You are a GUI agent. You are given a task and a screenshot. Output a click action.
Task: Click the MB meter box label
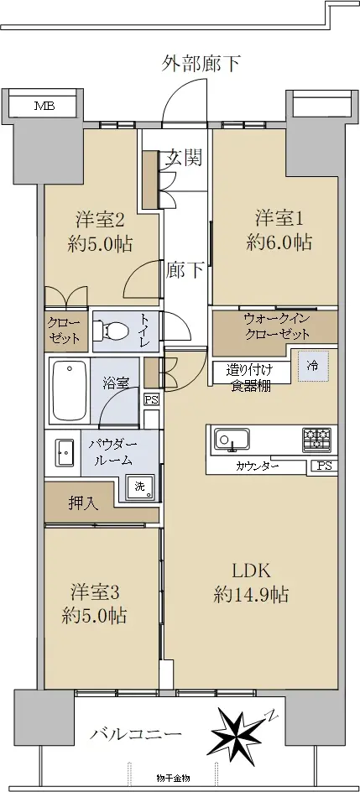pyautogui.click(x=44, y=106)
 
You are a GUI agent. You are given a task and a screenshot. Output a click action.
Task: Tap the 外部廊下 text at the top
pyautogui.click(x=201, y=64)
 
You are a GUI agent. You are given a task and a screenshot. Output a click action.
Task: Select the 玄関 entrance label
pyautogui.click(x=184, y=158)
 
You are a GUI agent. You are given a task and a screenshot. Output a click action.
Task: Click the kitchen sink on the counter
pyautogui.click(x=232, y=439)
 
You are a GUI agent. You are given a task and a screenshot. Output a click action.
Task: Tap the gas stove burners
pyautogui.click(x=317, y=440)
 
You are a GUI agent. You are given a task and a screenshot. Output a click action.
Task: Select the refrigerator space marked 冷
pyautogui.click(x=313, y=366)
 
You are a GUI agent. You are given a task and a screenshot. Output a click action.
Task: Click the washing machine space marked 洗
pyautogui.click(x=140, y=487)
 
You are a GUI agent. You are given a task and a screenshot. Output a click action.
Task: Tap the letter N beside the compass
pyautogui.click(x=272, y=715)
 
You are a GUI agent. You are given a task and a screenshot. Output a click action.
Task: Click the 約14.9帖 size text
pyautogui.click(x=251, y=595)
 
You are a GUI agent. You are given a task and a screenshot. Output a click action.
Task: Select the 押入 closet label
pyautogui.click(x=84, y=503)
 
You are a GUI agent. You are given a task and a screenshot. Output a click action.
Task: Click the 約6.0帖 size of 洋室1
pyautogui.click(x=279, y=243)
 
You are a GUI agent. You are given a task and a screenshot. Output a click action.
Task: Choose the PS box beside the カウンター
pyautogui.click(x=325, y=466)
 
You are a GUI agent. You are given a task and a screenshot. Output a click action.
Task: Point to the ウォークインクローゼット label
pyautogui.click(x=276, y=326)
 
